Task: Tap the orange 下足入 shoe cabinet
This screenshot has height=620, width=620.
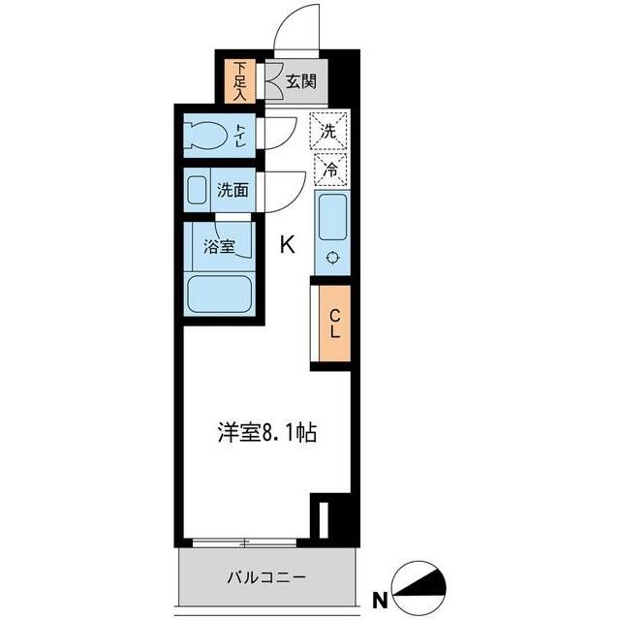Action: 238,82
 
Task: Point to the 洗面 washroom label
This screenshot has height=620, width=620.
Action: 232,190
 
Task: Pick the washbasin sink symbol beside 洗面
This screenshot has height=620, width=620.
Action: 197,190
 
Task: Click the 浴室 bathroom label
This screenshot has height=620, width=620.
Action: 219,247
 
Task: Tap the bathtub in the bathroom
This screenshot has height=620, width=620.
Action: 219,294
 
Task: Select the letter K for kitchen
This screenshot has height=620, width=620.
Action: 288,245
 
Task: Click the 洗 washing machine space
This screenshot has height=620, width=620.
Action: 329,129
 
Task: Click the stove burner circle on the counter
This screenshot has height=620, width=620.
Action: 332,258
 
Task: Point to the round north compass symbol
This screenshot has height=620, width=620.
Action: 425,582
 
